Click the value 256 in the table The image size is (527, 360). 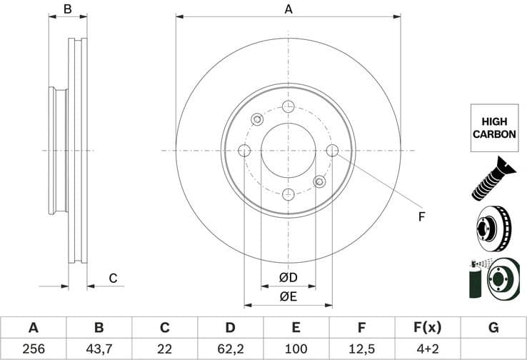pyautogui.click(x=33, y=348)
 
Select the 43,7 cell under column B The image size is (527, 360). pyautogui.click(x=99, y=348)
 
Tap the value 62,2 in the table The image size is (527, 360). pyautogui.click(x=230, y=348)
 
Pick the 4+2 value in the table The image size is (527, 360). pyautogui.click(x=428, y=348)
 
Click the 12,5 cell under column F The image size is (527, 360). pyautogui.click(x=362, y=348)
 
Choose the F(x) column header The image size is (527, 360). pyautogui.click(x=428, y=328)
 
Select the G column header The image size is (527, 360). pyautogui.click(x=493, y=328)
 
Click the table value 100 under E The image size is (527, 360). pyautogui.click(x=296, y=348)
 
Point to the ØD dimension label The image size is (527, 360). pyautogui.click(x=288, y=277)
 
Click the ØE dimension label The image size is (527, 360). pyautogui.click(x=288, y=296)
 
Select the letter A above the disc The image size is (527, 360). pyautogui.click(x=288, y=9)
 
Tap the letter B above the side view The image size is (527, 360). pyautogui.click(x=68, y=9)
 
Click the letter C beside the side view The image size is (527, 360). pyautogui.click(x=112, y=278)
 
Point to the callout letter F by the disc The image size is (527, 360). pyautogui.click(x=421, y=216)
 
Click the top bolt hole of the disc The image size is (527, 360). pyautogui.click(x=288, y=107)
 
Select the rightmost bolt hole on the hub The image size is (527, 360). pyautogui.click(x=332, y=151)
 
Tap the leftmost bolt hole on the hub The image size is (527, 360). pyautogui.click(x=244, y=151)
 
